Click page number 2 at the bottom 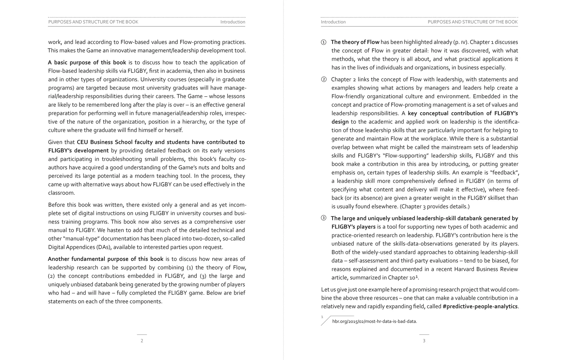coord(142,341)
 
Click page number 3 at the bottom coord(424,341)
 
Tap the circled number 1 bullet coord(324,42)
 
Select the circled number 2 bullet coord(324,80)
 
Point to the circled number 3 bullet coord(324,218)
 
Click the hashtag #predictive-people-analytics coord(480,306)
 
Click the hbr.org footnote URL coord(374,321)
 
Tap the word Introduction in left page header coord(233,22)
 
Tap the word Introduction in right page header coord(333,22)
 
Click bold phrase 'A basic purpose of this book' coord(87,62)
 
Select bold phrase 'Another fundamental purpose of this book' coord(106,259)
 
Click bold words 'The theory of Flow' coord(355,42)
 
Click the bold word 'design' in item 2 coord(340,122)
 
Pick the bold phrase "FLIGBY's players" coord(353,227)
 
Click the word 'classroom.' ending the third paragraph coord(62,193)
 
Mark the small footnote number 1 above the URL coord(322,317)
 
